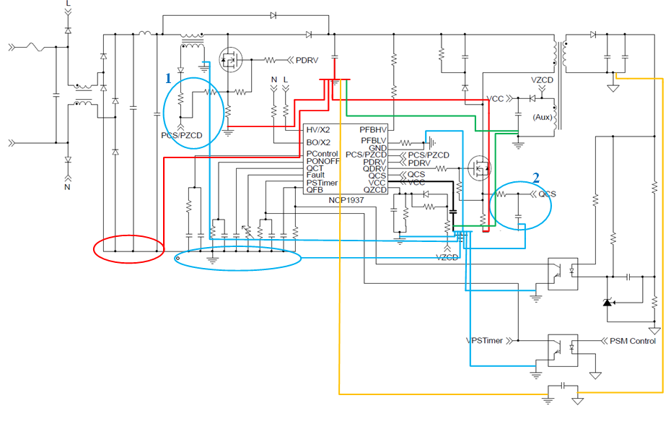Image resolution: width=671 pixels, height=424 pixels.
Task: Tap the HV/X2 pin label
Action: (x=318, y=130)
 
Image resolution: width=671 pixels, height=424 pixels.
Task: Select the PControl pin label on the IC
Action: (x=323, y=154)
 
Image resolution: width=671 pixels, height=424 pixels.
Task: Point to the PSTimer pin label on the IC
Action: (x=322, y=183)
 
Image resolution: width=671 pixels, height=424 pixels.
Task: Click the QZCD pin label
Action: (x=373, y=191)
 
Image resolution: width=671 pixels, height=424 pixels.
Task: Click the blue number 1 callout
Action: (x=169, y=76)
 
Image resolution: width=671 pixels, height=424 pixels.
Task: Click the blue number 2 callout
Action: (x=535, y=177)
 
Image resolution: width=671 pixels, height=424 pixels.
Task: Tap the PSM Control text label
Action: (x=633, y=341)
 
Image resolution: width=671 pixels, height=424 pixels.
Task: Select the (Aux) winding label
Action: (x=543, y=117)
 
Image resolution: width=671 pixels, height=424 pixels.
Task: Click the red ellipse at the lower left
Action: (x=128, y=250)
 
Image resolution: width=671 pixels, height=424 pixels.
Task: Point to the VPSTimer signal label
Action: (x=485, y=341)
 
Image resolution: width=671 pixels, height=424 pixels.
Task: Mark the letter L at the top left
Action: (x=68, y=4)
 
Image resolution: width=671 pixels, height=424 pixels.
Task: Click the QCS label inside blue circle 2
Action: (x=547, y=194)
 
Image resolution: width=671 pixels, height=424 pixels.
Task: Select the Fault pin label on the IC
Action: (x=315, y=176)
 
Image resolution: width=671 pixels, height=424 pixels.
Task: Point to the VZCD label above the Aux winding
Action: (x=543, y=80)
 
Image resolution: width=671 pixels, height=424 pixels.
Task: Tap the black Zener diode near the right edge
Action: (x=607, y=300)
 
